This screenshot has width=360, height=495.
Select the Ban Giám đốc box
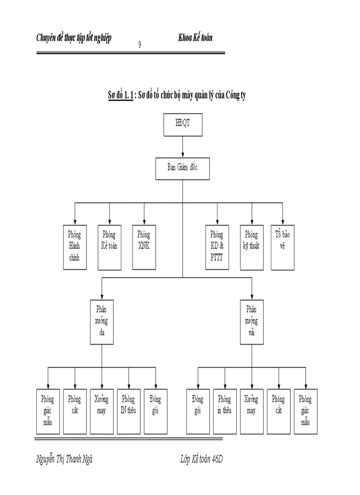pos(183,168)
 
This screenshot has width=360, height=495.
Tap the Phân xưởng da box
pos(102,322)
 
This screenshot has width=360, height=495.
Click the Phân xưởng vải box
pos(252,322)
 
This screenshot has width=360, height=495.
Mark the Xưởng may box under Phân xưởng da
pos(102,411)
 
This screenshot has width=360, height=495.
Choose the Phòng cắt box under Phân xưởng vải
pos(278,411)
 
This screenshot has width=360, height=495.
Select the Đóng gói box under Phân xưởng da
pos(156,411)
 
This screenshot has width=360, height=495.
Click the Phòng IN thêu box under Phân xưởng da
pos(129,411)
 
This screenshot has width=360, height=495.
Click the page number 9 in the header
pos(140,44)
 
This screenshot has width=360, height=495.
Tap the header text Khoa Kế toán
pos(195,38)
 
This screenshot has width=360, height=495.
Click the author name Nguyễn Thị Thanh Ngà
pos(64,459)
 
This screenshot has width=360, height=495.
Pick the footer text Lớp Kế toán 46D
pos(202,459)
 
